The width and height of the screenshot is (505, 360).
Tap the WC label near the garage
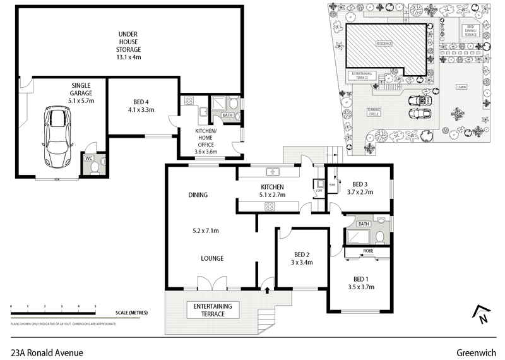pos(89,158)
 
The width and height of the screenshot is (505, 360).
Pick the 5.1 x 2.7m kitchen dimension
pos(273,195)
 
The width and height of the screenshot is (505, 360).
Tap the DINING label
pos(198,195)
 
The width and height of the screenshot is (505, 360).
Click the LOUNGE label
pos(211,258)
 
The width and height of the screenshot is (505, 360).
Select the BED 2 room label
pos(300,254)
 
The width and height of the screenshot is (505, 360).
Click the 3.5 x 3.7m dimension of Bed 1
pos(360,287)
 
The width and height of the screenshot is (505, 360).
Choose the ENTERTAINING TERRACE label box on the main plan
pos(212,309)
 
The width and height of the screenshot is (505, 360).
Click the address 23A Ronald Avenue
pos(47,353)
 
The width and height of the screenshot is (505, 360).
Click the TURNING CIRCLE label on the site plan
pos(374,112)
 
